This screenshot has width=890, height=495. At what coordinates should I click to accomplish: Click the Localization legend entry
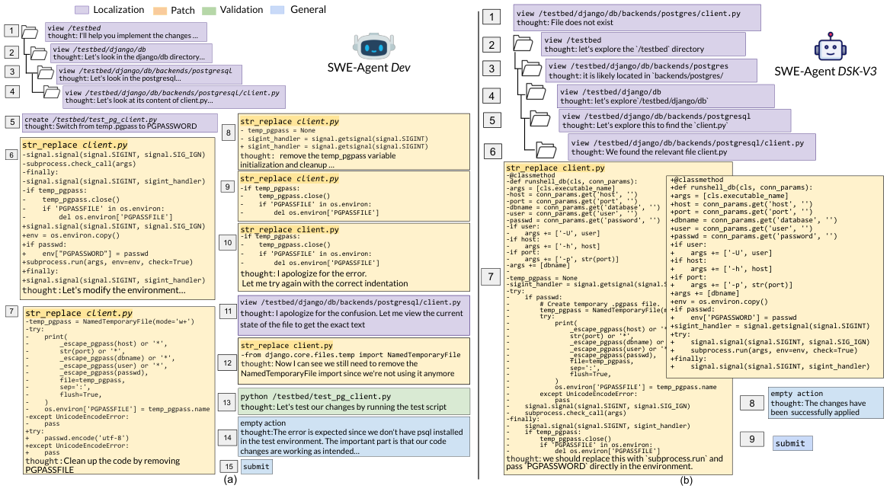click(111, 10)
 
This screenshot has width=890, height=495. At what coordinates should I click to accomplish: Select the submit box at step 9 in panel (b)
click(791, 443)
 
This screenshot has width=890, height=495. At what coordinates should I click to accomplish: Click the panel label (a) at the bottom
click(230, 480)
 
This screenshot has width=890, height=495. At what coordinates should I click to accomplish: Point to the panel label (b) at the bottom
click(685, 481)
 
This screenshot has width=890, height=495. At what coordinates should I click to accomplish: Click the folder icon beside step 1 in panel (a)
click(30, 32)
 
